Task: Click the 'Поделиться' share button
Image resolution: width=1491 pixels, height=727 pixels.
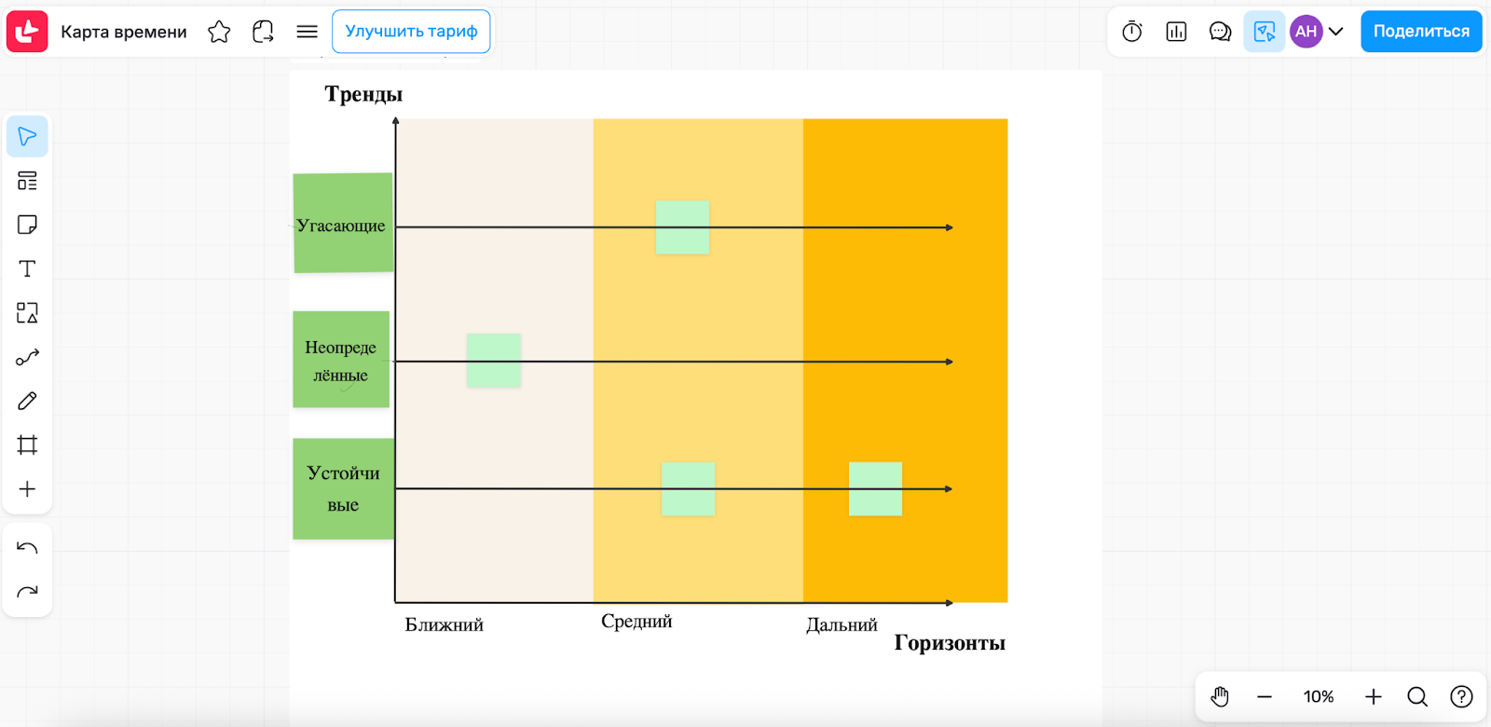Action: (1420, 32)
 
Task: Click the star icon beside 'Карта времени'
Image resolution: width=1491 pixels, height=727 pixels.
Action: (219, 32)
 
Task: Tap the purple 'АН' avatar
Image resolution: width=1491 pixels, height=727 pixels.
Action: (1306, 32)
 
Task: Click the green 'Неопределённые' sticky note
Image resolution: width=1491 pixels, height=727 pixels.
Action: (341, 360)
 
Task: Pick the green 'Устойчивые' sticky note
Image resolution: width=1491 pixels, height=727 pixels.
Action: (343, 488)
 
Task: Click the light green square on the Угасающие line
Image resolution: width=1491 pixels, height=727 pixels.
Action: (682, 227)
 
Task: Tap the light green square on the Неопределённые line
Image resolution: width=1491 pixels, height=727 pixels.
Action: (494, 361)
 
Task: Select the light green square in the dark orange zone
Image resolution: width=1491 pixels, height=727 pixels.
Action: (875, 488)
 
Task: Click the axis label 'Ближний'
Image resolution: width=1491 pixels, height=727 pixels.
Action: (445, 624)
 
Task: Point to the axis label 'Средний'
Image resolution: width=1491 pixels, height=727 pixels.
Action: (636, 622)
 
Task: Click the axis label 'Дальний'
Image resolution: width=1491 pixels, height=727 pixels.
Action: (841, 624)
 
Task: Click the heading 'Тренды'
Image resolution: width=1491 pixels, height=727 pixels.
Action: (363, 94)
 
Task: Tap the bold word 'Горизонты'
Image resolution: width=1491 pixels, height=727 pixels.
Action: (950, 643)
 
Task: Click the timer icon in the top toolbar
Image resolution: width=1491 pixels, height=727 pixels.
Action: (1132, 32)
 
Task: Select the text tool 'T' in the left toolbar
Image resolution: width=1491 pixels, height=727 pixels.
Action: (27, 269)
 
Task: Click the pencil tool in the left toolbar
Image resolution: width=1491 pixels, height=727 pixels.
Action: (27, 401)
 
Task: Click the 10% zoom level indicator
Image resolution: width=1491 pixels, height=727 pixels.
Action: (1319, 696)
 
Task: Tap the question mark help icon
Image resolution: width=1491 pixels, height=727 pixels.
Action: (1461, 696)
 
